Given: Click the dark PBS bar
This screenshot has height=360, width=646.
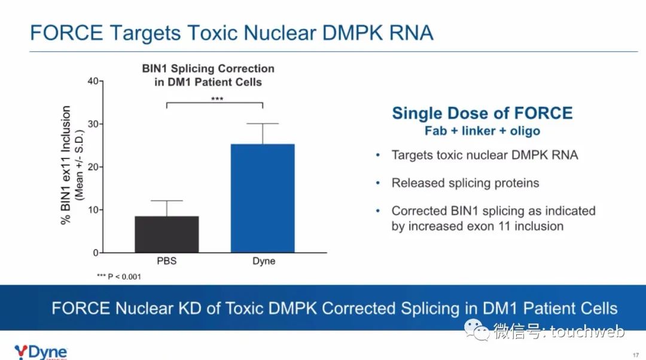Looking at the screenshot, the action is pos(167,234).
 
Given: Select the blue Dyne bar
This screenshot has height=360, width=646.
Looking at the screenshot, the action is pos(263,198).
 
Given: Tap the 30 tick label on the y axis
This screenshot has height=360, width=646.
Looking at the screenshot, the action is pos(93,124).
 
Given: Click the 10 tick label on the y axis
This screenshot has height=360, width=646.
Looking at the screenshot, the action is pos(93,210).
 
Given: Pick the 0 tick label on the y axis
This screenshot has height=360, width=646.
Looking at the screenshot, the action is pos(96,252).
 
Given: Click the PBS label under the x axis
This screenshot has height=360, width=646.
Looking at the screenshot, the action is pos(167,261).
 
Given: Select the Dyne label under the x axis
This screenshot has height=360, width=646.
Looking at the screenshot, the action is pos(264,261).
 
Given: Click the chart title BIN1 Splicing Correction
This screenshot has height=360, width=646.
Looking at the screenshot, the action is pos(208,68).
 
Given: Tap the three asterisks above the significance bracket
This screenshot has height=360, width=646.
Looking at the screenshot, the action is pos(217,99).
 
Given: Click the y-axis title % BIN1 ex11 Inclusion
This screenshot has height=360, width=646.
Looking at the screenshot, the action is pos(66,165).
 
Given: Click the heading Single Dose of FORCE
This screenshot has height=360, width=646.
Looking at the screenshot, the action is pos(482,113).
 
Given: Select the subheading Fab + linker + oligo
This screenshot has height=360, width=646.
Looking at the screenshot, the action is pos(482,131).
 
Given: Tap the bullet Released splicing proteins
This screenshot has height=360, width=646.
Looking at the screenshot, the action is pos(465,183).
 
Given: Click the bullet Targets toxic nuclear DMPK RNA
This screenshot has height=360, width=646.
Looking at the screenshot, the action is pos(484,155).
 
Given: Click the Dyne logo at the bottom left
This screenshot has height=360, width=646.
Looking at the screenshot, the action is pos(41,352).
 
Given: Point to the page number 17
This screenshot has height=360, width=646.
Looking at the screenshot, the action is pos(636,355).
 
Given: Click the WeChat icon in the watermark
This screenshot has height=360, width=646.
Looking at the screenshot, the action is pos(477,330).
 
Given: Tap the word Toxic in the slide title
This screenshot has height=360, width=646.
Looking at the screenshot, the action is pos(212,33).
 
